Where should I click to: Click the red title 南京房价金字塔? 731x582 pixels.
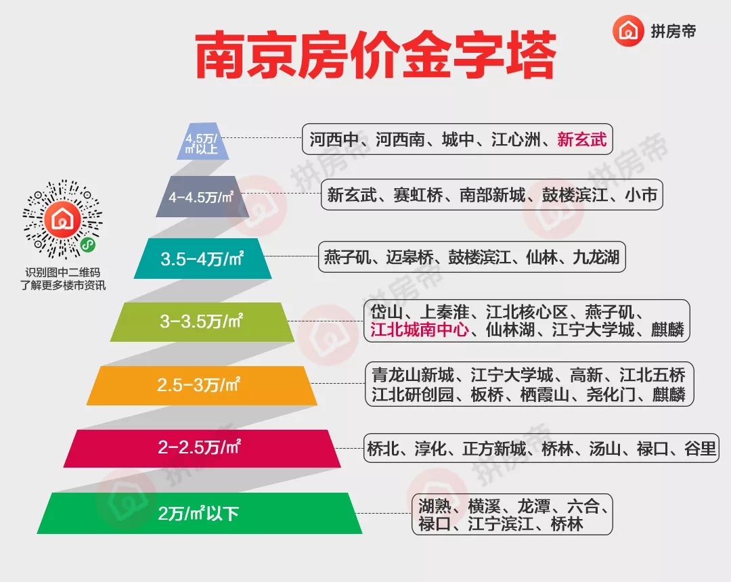point(376,55)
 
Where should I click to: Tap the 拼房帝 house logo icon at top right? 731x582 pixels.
point(628,30)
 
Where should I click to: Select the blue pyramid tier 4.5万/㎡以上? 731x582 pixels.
point(203,141)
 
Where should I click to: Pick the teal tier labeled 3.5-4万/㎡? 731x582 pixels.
point(203,259)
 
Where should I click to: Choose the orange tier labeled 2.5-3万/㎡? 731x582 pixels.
point(202,385)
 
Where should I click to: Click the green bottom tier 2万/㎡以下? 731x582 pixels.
point(200,513)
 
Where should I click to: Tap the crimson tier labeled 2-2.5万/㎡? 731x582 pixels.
point(202,448)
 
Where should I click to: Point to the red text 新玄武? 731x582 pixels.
point(582,139)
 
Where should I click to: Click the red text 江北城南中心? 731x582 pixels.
point(420,330)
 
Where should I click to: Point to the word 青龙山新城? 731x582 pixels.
point(413,375)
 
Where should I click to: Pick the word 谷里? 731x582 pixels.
point(701,449)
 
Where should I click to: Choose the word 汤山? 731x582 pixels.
point(604,449)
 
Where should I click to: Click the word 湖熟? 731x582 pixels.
point(434,506)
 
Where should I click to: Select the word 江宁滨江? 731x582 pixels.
point(500,524)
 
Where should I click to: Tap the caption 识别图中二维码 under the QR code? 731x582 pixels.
point(63,273)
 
